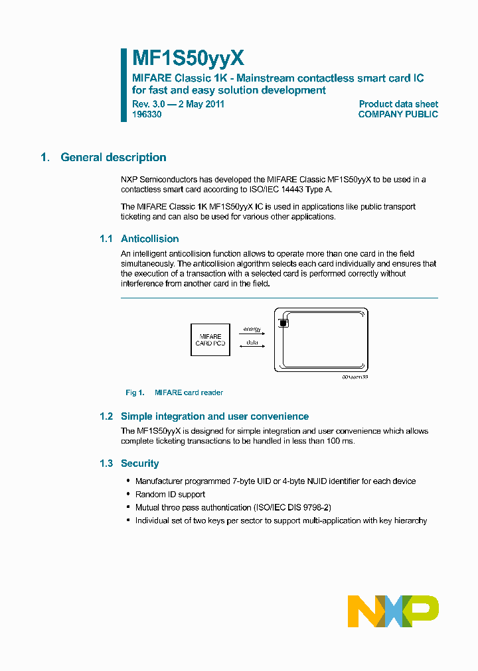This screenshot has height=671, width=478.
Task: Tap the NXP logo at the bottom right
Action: (393, 611)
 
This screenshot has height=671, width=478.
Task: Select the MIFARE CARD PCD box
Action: (210, 340)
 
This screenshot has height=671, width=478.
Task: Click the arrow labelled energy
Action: (252, 334)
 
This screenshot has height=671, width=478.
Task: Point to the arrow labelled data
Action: (252, 347)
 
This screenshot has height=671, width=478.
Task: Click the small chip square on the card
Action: (283, 323)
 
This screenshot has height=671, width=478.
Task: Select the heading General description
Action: (113, 157)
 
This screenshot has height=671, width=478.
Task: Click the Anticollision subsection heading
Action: (149, 239)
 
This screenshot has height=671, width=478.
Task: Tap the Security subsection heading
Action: (139, 463)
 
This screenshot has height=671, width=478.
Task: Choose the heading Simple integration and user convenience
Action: (214, 416)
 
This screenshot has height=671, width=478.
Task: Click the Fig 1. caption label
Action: (135, 393)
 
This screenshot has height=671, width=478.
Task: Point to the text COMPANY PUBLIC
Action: (398, 114)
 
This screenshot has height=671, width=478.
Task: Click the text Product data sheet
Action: (398, 103)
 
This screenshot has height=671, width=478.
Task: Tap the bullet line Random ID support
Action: (170, 494)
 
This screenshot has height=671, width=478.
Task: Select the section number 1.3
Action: (106, 463)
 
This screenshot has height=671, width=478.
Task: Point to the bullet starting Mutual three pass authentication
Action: (232, 507)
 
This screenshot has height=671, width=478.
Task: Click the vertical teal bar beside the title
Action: (123, 84)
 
